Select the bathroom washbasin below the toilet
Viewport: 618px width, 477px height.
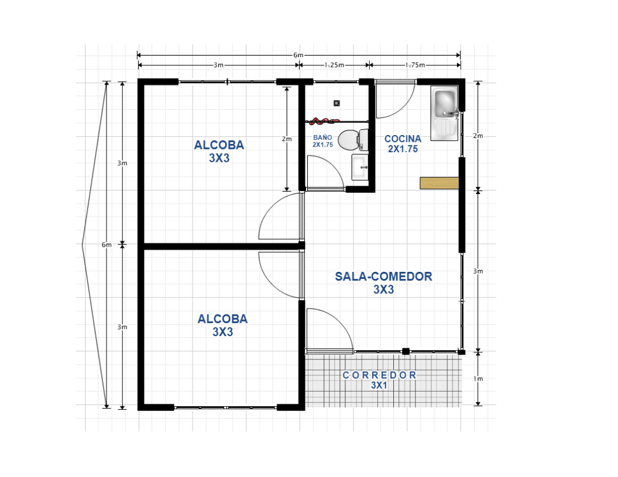tap(360, 167)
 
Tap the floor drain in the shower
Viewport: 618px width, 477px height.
tap(337, 103)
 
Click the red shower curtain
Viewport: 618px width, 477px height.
tap(324, 121)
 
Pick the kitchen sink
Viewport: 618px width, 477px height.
tap(445, 113)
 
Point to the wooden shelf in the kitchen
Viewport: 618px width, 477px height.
tap(439, 183)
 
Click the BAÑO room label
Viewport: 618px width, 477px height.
tap(322, 141)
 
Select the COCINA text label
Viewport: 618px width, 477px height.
tap(403, 143)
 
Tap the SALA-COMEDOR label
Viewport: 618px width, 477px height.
tap(383, 282)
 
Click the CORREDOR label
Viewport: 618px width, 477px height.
tap(379, 379)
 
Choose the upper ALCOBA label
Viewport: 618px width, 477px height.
tap(219, 151)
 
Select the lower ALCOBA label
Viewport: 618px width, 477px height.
tap(222, 325)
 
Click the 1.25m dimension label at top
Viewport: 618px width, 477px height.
tap(334, 65)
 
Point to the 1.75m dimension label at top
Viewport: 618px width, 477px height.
tap(414, 65)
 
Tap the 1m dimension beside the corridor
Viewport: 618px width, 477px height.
tap(478, 379)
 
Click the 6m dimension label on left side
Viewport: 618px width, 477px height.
tap(106, 245)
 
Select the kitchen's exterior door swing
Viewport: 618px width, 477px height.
tap(394, 99)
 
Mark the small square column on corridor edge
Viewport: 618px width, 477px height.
tap(405, 351)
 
